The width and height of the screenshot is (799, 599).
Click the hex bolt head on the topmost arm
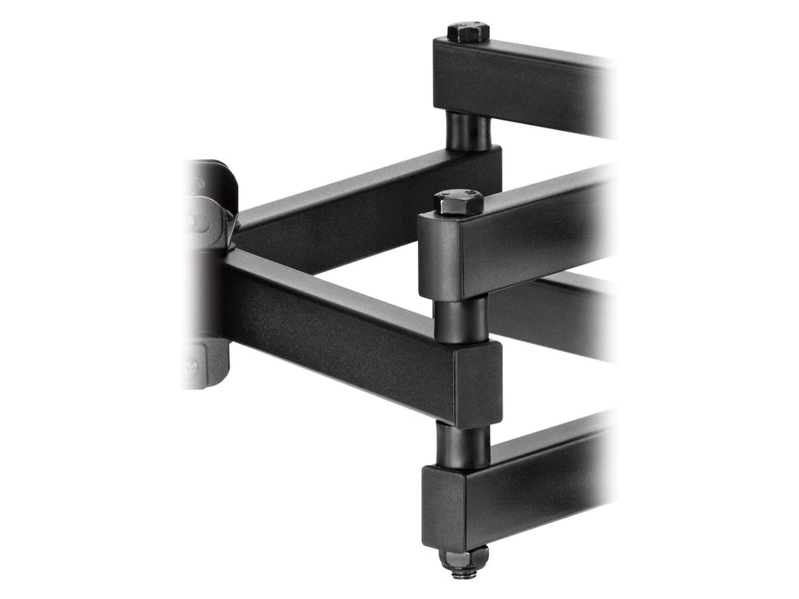[467, 33]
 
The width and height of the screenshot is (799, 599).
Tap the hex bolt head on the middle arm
[459, 202]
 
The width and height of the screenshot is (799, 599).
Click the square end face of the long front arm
[478, 381]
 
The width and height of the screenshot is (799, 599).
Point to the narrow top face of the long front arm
[334, 284]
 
